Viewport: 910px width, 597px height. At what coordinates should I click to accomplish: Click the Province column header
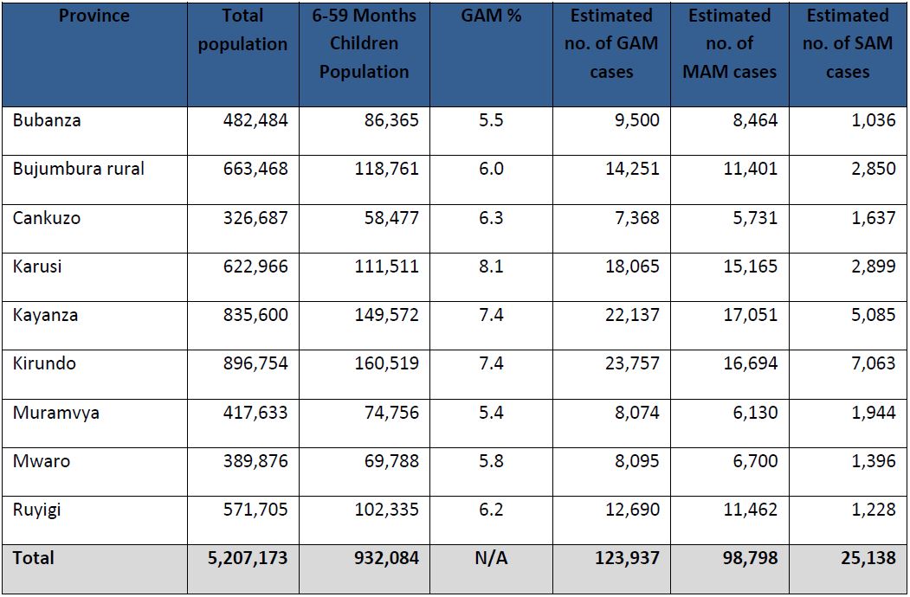tap(94, 16)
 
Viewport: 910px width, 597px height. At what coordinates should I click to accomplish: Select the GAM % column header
tap(491, 16)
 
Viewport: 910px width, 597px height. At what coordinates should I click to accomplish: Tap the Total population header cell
tap(242, 29)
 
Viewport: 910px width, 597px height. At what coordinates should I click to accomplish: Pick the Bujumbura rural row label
tap(78, 169)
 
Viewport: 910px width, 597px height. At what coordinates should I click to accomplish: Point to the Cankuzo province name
tap(47, 217)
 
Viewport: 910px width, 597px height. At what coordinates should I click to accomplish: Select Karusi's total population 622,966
tap(255, 266)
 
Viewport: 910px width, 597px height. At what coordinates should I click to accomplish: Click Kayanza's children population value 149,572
tap(385, 315)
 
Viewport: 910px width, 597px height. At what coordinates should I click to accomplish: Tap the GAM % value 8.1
tap(491, 266)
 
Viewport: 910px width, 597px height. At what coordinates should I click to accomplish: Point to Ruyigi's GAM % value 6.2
tap(491, 510)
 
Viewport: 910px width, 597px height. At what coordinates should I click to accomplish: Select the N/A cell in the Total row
tap(491, 558)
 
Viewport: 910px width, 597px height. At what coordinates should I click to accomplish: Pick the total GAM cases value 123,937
tap(627, 558)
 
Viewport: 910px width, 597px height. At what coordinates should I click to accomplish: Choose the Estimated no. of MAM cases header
tap(730, 43)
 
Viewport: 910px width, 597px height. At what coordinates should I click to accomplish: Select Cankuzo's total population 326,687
tap(255, 217)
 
